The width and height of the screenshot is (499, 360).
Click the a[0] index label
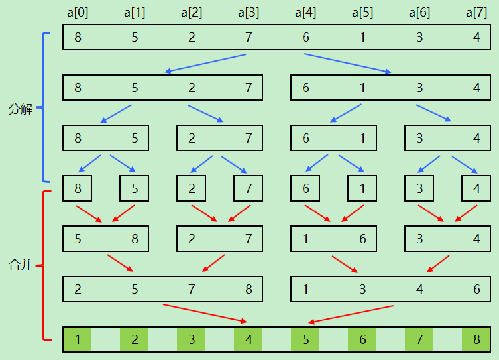(78, 13)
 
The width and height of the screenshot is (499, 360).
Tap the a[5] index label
(362, 13)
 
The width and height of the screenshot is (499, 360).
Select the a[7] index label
(476, 13)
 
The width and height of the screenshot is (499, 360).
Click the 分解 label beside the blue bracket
(21, 109)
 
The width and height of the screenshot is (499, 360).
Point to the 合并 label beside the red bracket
(21, 265)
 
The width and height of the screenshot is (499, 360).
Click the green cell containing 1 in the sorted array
(78, 340)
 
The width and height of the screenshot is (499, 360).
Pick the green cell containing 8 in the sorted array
(476, 340)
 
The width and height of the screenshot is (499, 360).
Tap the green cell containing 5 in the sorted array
(305, 340)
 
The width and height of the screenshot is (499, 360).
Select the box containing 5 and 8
(106, 239)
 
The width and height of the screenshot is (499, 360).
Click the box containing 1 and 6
(333, 239)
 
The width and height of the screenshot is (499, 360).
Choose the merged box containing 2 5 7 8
(162, 289)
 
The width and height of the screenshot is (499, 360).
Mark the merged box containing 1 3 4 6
(390, 289)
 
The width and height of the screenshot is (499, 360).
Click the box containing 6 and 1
(333, 138)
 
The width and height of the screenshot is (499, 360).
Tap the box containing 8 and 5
(106, 138)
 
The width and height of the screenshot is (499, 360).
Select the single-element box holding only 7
(248, 188)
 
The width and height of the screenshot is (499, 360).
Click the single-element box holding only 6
(305, 188)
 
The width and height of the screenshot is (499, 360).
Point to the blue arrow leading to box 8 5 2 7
(205, 63)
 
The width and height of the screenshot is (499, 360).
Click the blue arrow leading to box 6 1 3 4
(348, 63)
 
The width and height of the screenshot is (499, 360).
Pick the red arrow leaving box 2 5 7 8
(205, 313)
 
